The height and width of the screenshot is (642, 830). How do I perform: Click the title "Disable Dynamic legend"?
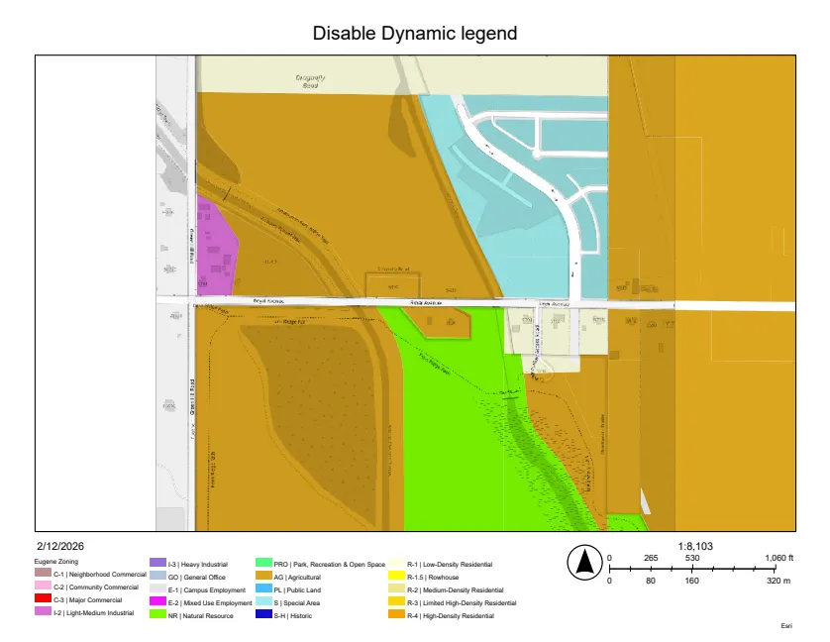coord(414,33)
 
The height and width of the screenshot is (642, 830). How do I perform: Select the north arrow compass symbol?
coord(584,563)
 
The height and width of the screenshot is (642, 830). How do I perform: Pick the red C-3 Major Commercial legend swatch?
coord(42,599)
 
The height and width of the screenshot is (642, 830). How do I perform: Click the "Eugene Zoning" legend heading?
coord(56,562)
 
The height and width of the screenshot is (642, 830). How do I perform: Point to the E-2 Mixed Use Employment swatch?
coord(156,600)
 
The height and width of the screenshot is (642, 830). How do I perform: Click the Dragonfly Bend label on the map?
coord(311,81)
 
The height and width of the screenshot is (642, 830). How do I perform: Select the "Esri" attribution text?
coord(787,626)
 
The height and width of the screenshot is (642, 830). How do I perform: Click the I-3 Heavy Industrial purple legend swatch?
coord(156,562)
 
